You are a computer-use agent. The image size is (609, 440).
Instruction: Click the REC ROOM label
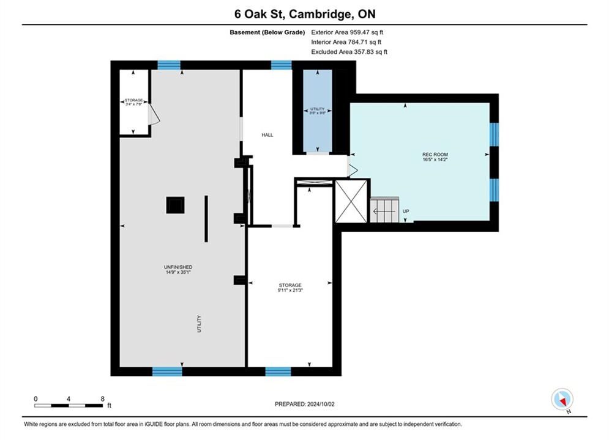(435, 154)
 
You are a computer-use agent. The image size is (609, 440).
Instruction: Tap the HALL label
(267, 135)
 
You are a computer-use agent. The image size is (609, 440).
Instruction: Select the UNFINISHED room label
(178, 267)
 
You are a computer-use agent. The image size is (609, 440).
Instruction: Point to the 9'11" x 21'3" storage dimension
(290, 290)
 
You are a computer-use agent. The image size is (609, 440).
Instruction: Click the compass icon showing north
(562, 399)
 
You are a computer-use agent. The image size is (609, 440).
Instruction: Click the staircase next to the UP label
(384, 210)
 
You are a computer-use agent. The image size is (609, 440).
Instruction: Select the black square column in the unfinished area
(175, 205)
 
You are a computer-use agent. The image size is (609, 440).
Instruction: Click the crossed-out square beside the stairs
(351, 201)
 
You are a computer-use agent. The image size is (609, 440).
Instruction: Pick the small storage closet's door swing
(154, 114)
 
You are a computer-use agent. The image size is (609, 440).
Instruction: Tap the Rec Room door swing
(353, 167)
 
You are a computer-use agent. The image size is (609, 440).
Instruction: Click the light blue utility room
(317, 111)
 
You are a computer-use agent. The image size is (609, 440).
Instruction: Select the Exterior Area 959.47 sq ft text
(347, 32)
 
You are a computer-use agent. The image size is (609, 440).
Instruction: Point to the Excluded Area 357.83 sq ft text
(349, 51)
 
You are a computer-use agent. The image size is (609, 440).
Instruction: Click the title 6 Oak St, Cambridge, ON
(305, 14)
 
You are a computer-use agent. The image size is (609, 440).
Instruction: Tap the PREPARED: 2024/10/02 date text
(305, 404)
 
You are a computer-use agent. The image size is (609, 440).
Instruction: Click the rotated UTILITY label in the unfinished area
(200, 324)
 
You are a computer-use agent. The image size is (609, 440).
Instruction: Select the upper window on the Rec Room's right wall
(494, 134)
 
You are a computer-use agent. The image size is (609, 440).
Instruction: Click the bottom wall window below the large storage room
(278, 372)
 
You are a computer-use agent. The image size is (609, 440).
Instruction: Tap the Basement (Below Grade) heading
(267, 32)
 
